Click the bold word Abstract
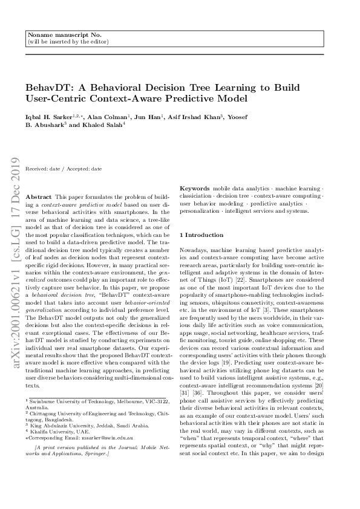tap(39, 198)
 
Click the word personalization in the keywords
tap(201, 211)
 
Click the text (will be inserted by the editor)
tap(68, 42)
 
